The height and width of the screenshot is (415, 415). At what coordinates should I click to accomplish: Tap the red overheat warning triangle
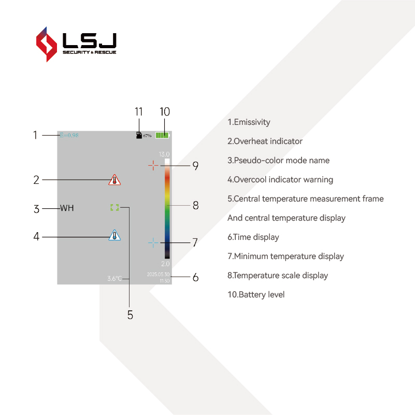click(115, 180)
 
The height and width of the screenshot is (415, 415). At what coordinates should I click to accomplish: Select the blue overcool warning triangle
click(115, 235)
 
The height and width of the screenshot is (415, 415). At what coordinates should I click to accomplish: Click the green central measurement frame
click(115, 207)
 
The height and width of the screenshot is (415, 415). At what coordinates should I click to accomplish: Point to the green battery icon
click(162, 135)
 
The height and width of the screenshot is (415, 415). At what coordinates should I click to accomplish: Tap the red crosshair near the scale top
click(153, 165)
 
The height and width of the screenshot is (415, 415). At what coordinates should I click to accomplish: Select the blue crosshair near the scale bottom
click(153, 242)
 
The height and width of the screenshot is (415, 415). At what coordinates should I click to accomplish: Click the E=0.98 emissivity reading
click(69, 135)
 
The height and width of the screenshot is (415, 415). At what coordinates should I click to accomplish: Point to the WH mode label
click(67, 208)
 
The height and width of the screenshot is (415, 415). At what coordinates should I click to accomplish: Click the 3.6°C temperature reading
click(115, 279)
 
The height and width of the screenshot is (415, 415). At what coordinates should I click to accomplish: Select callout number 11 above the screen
click(138, 112)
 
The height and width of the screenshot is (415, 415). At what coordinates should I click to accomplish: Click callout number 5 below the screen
click(130, 314)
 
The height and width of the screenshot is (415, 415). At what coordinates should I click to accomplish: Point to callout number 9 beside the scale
click(195, 166)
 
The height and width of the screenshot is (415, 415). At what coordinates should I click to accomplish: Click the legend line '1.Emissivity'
click(249, 122)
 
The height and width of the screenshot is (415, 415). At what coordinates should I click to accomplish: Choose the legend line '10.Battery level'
click(256, 295)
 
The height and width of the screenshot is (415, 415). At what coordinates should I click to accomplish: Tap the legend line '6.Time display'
click(253, 237)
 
